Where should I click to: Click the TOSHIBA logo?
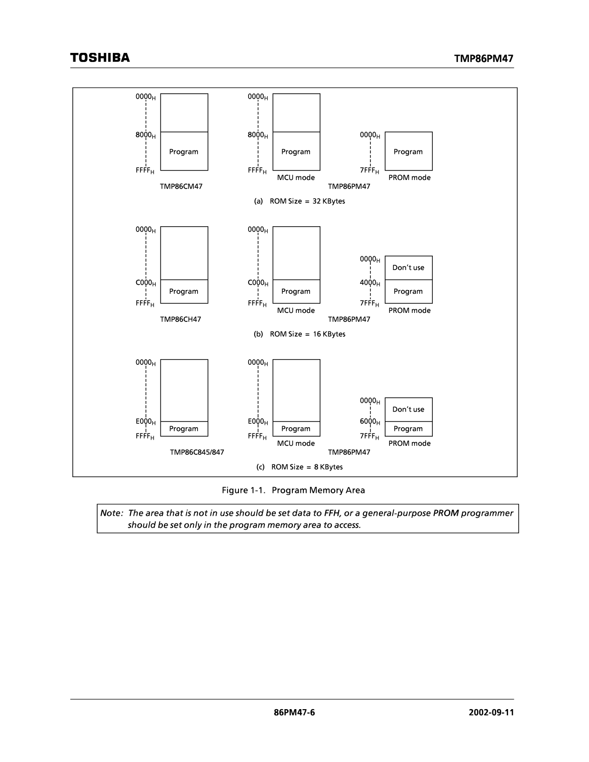pos(100,58)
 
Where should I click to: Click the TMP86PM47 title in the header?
pos(483,59)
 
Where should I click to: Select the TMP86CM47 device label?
pos(181,186)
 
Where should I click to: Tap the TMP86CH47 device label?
pos(180,319)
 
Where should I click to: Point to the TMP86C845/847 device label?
pos(197,452)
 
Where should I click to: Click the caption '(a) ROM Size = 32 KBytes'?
pos(299,201)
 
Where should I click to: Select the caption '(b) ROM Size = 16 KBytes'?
pos(299,334)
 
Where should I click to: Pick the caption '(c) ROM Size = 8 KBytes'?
pos(299,467)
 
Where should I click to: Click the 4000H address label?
pos(369,282)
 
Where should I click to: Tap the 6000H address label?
pos(369,421)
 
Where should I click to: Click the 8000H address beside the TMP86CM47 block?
pos(145,135)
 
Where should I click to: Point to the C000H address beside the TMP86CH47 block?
pos(145,283)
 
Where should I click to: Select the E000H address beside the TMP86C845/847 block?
pos(145,421)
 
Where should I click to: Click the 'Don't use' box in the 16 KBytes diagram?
pos(408,268)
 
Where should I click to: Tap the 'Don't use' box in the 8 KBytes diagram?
pos(408,410)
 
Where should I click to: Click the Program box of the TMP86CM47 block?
pos(184,151)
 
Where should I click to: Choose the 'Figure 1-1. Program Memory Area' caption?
pos(293,490)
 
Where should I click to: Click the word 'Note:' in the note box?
pos(111,513)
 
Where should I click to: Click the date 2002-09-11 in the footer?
pos(491,713)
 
